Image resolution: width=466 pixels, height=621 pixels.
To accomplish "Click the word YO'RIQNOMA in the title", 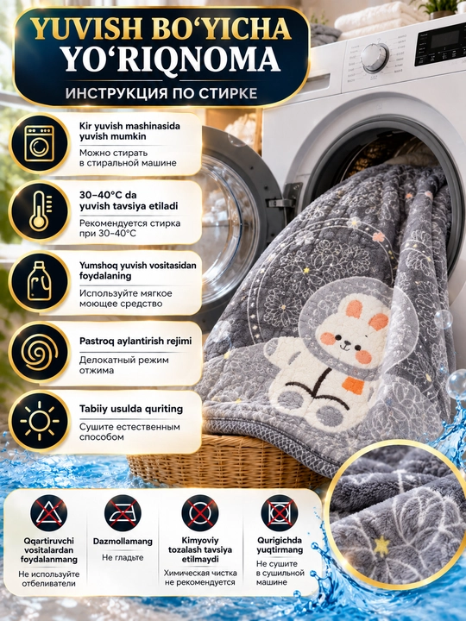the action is pos(172,60).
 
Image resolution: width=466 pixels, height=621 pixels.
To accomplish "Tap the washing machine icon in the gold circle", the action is pos(39,143).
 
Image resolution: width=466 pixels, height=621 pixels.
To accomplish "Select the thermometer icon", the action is pos(40,211).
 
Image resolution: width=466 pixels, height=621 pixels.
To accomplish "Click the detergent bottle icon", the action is pos(40,280).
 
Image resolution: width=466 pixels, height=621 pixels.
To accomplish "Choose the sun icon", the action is pos(39,421).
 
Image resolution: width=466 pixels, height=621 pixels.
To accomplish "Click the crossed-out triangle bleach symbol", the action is pos(48,513).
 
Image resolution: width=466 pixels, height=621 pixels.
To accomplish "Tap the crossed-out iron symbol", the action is pos(123,513).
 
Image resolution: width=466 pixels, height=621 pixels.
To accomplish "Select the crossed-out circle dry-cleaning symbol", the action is pos(200,513).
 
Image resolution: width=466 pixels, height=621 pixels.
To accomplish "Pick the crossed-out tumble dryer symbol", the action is pos(280,513).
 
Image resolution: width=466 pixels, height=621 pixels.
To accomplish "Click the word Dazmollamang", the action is pos(123,542).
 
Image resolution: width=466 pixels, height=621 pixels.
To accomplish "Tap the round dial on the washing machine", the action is pos(375,58).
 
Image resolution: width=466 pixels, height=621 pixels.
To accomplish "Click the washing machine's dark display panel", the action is pos(440,44).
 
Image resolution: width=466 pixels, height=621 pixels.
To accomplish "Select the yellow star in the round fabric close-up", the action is pos(381,546).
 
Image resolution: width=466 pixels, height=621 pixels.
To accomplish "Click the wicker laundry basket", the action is pos(222,461).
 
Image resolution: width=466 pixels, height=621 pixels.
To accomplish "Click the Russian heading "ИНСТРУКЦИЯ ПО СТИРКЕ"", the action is pos(161,93).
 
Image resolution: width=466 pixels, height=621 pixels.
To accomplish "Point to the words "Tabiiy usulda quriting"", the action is pos(131,409).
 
